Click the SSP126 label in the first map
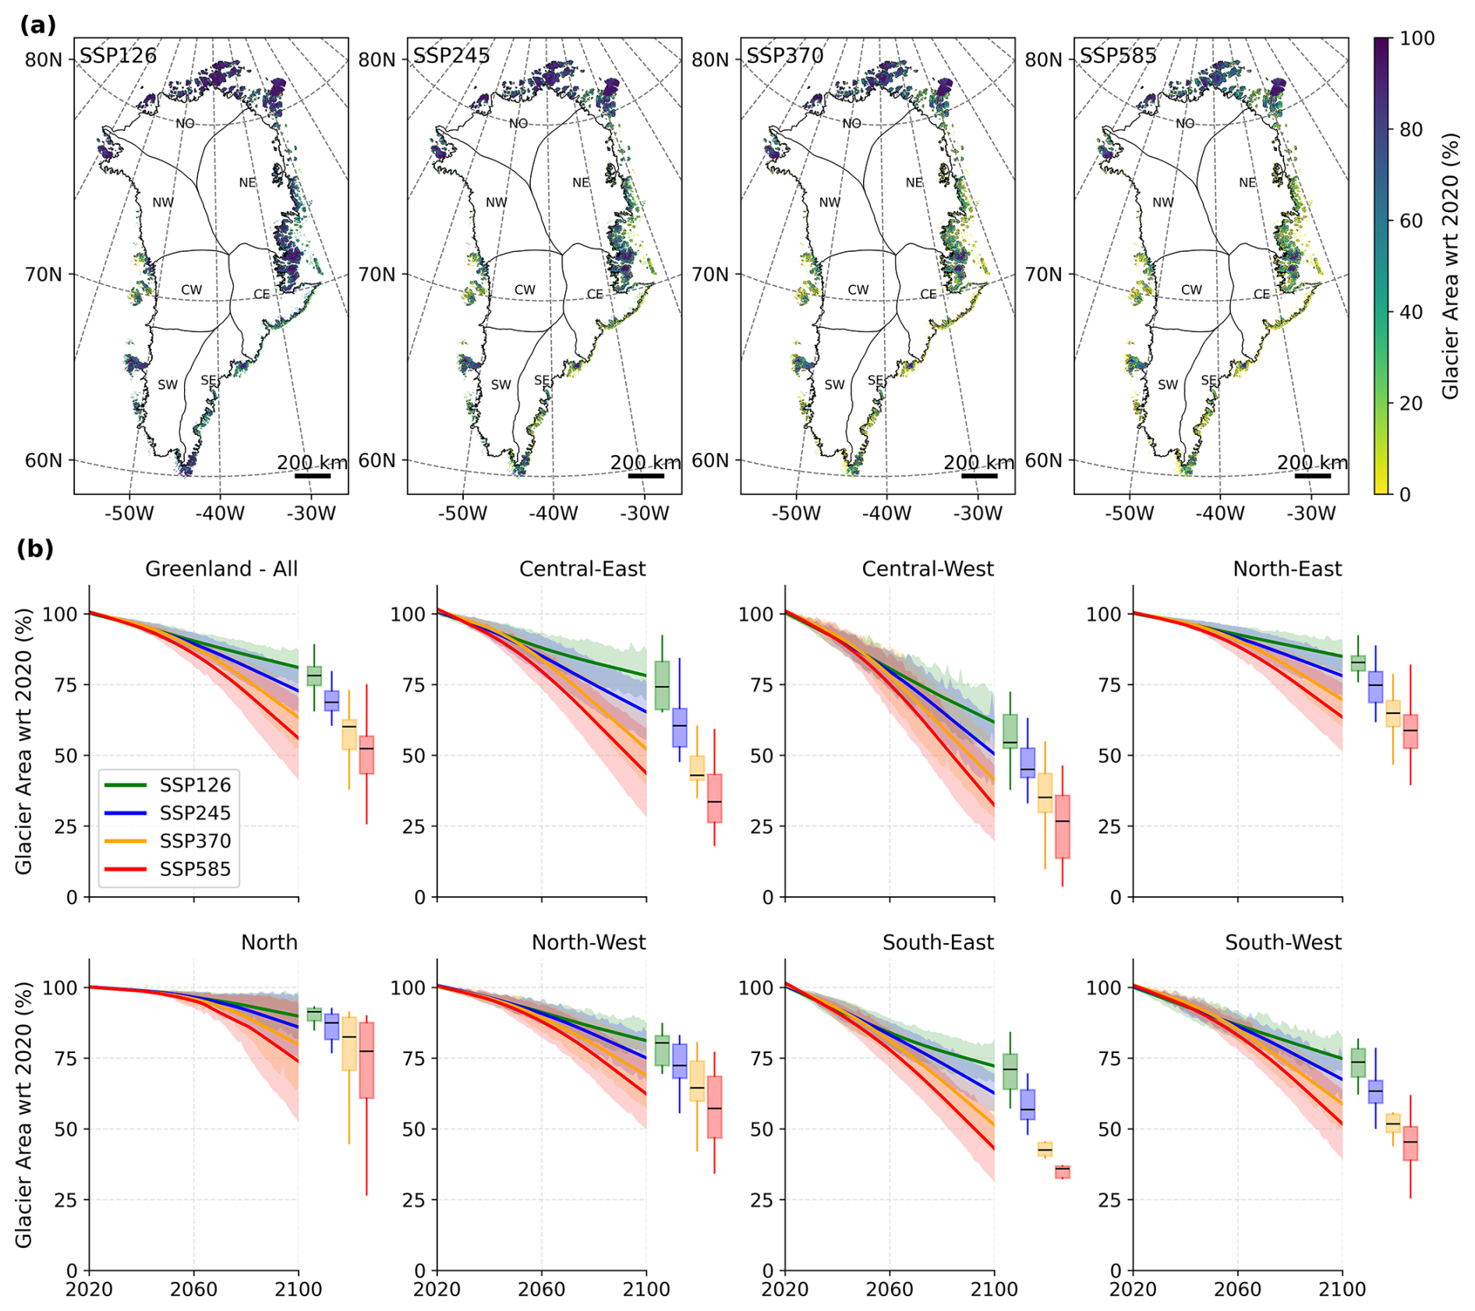coord(118,56)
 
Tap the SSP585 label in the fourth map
coord(1117,56)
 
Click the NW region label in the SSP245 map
coord(496,203)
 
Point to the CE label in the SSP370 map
coord(928,294)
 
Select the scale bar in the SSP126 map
coord(313,475)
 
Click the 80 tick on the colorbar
coord(1411,129)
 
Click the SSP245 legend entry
coord(195,813)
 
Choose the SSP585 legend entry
coord(195,869)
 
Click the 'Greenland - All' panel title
coord(221,569)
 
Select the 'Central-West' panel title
coord(927,569)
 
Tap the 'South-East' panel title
coord(937,942)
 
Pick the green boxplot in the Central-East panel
coord(662,685)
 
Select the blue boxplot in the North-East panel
coord(1375,687)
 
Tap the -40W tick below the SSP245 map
coord(553,514)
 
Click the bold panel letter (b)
coord(35,549)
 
